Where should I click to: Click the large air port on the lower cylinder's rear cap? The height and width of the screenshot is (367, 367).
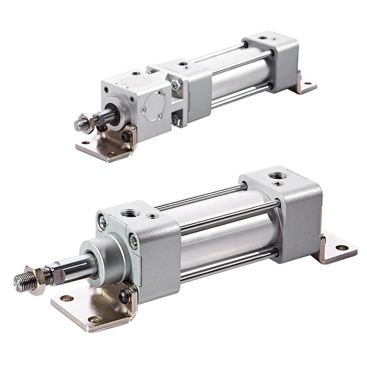pos(277,175)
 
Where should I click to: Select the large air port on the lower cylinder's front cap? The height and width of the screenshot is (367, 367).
pos(130,213)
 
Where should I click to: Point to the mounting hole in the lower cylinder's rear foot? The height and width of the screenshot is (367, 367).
pos(342,248)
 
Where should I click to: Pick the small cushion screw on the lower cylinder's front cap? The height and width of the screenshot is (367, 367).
pos(150,216)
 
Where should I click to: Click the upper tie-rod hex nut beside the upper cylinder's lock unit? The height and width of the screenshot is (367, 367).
pos(175,85)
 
